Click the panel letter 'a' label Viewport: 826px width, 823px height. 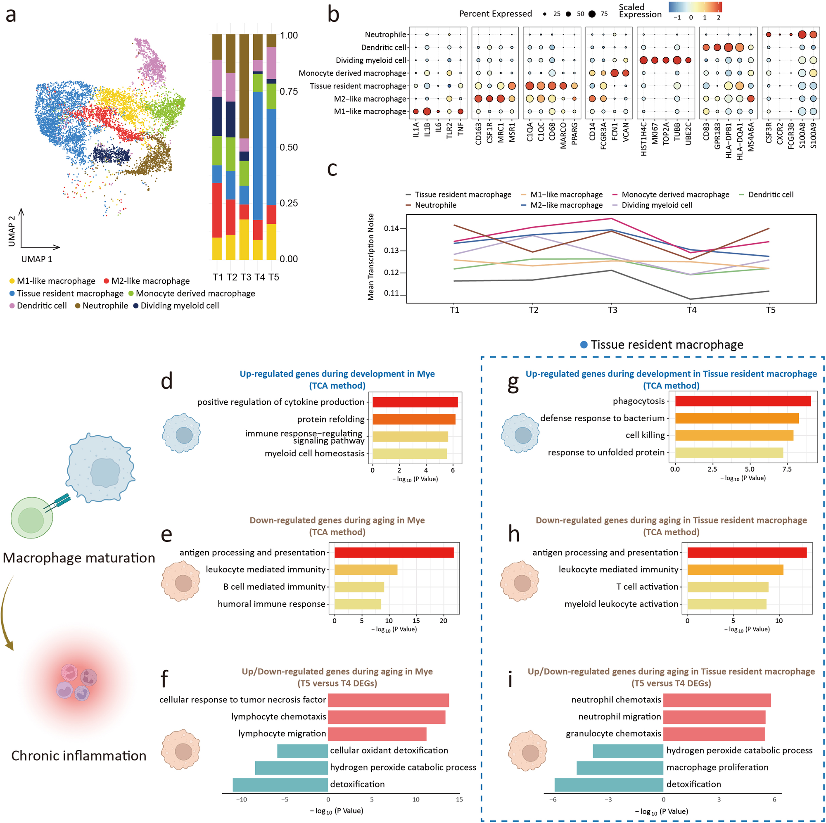point(11,15)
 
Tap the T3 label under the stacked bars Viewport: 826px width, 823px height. point(246,277)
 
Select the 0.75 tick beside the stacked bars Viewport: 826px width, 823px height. point(289,92)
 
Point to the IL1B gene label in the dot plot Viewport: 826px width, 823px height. point(427,130)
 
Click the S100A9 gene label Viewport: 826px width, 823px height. point(813,135)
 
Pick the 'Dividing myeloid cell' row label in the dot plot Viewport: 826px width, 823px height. point(371,60)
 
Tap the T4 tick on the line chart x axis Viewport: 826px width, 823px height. point(691,310)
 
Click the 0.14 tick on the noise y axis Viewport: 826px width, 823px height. point(391,228)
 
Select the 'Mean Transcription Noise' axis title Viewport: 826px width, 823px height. point(371,256)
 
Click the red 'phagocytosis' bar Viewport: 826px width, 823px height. point(743,401)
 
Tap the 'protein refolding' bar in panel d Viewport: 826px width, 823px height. point(413,419)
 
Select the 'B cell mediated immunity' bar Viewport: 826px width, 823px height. point(359,586)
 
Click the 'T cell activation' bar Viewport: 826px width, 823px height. point(728,586)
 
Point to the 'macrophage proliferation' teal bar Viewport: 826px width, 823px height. point(620,767)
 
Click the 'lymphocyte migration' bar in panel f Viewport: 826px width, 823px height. point(377,734)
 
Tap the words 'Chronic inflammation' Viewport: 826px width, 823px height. point(78,756)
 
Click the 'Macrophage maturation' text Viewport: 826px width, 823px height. point(78,558)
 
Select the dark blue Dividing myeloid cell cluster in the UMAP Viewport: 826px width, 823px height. point(112,155)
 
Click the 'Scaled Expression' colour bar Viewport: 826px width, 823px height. point(695,7)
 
